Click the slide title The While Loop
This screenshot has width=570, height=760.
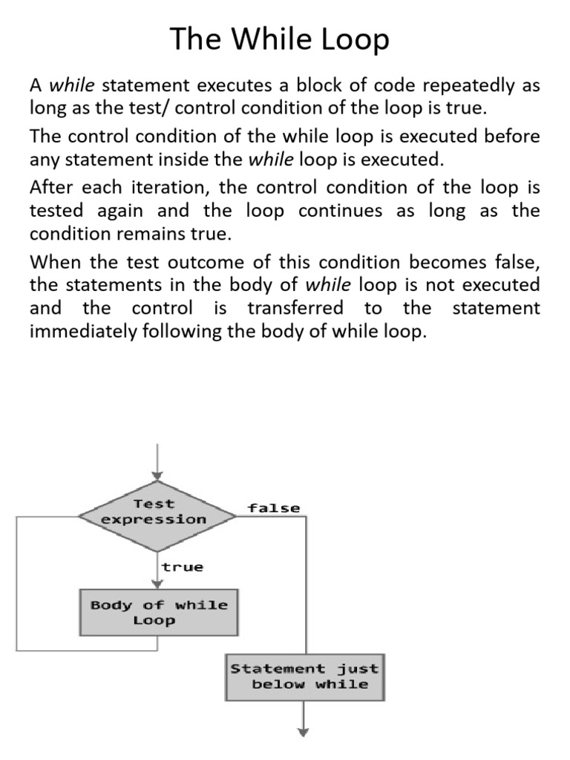point(280,39)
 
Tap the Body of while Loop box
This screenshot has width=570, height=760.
point(159,612)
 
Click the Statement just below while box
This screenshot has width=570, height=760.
point(304,676)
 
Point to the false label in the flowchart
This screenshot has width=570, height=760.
point(274,508)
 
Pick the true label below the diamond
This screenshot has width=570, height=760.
point(183,567)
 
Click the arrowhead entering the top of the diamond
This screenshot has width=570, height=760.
point(157,476)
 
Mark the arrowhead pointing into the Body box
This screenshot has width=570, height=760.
point(157,583)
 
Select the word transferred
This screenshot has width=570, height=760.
point(295,308)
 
